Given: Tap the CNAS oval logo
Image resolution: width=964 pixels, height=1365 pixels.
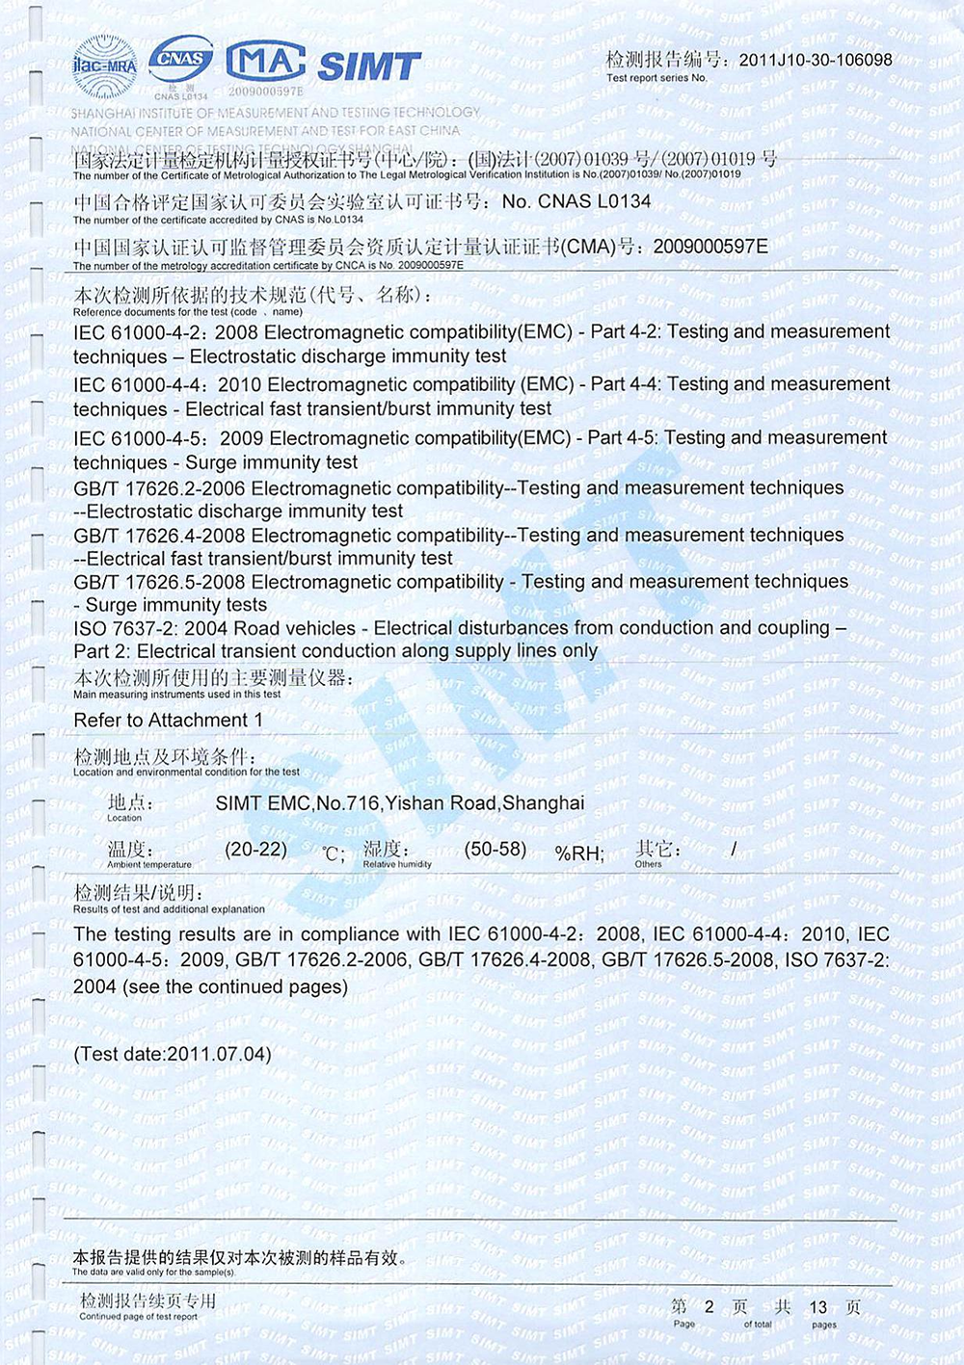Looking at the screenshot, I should [x=181, y=60].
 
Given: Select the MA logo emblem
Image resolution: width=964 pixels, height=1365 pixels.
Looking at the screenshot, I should [x=265, y=62].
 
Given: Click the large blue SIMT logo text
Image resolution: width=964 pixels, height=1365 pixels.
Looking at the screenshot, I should [x=369, y=66].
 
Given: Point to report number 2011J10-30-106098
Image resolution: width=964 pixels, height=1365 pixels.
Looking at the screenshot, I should [x=816, y=60].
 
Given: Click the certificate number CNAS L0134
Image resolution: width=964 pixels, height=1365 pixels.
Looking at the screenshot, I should [x=576, y=201].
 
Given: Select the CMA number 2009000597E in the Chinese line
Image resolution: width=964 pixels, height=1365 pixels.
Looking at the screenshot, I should [x=710, y=247].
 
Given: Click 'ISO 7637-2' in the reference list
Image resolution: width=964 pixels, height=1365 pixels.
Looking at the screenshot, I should [x=123, y=628].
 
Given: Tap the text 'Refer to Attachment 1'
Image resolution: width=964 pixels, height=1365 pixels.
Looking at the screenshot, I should [x=168, y=721].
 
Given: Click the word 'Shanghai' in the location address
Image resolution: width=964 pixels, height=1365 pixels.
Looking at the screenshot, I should [x=544, y=802].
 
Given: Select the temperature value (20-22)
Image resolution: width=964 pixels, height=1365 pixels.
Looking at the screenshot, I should [x=256, y=850].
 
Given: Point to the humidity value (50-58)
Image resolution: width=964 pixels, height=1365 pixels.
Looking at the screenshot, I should [x=495, y=850].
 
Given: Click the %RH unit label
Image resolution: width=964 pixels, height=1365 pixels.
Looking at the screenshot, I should [x=578, y=853].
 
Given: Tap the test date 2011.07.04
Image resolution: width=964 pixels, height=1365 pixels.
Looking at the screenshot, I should [x=219, y=1054].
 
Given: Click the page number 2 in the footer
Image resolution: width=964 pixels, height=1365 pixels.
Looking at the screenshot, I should [x=709, y=1306].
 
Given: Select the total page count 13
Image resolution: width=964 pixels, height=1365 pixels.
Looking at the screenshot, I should [x=817, y=1307].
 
